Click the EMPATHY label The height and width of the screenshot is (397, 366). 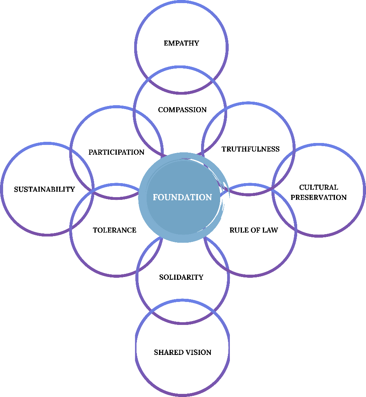181,43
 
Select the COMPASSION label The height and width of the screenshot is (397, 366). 182,110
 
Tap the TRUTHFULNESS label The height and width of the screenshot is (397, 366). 250,149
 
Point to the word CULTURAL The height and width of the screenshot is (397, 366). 319,187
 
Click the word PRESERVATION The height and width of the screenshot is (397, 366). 319,198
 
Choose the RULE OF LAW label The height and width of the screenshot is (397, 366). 254,230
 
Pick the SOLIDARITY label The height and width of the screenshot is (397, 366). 181,277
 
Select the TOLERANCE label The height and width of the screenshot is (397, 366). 114,230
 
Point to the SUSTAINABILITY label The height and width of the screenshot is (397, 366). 44,190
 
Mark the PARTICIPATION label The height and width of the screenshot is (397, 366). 116,152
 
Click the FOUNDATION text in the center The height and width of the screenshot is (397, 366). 182,198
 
